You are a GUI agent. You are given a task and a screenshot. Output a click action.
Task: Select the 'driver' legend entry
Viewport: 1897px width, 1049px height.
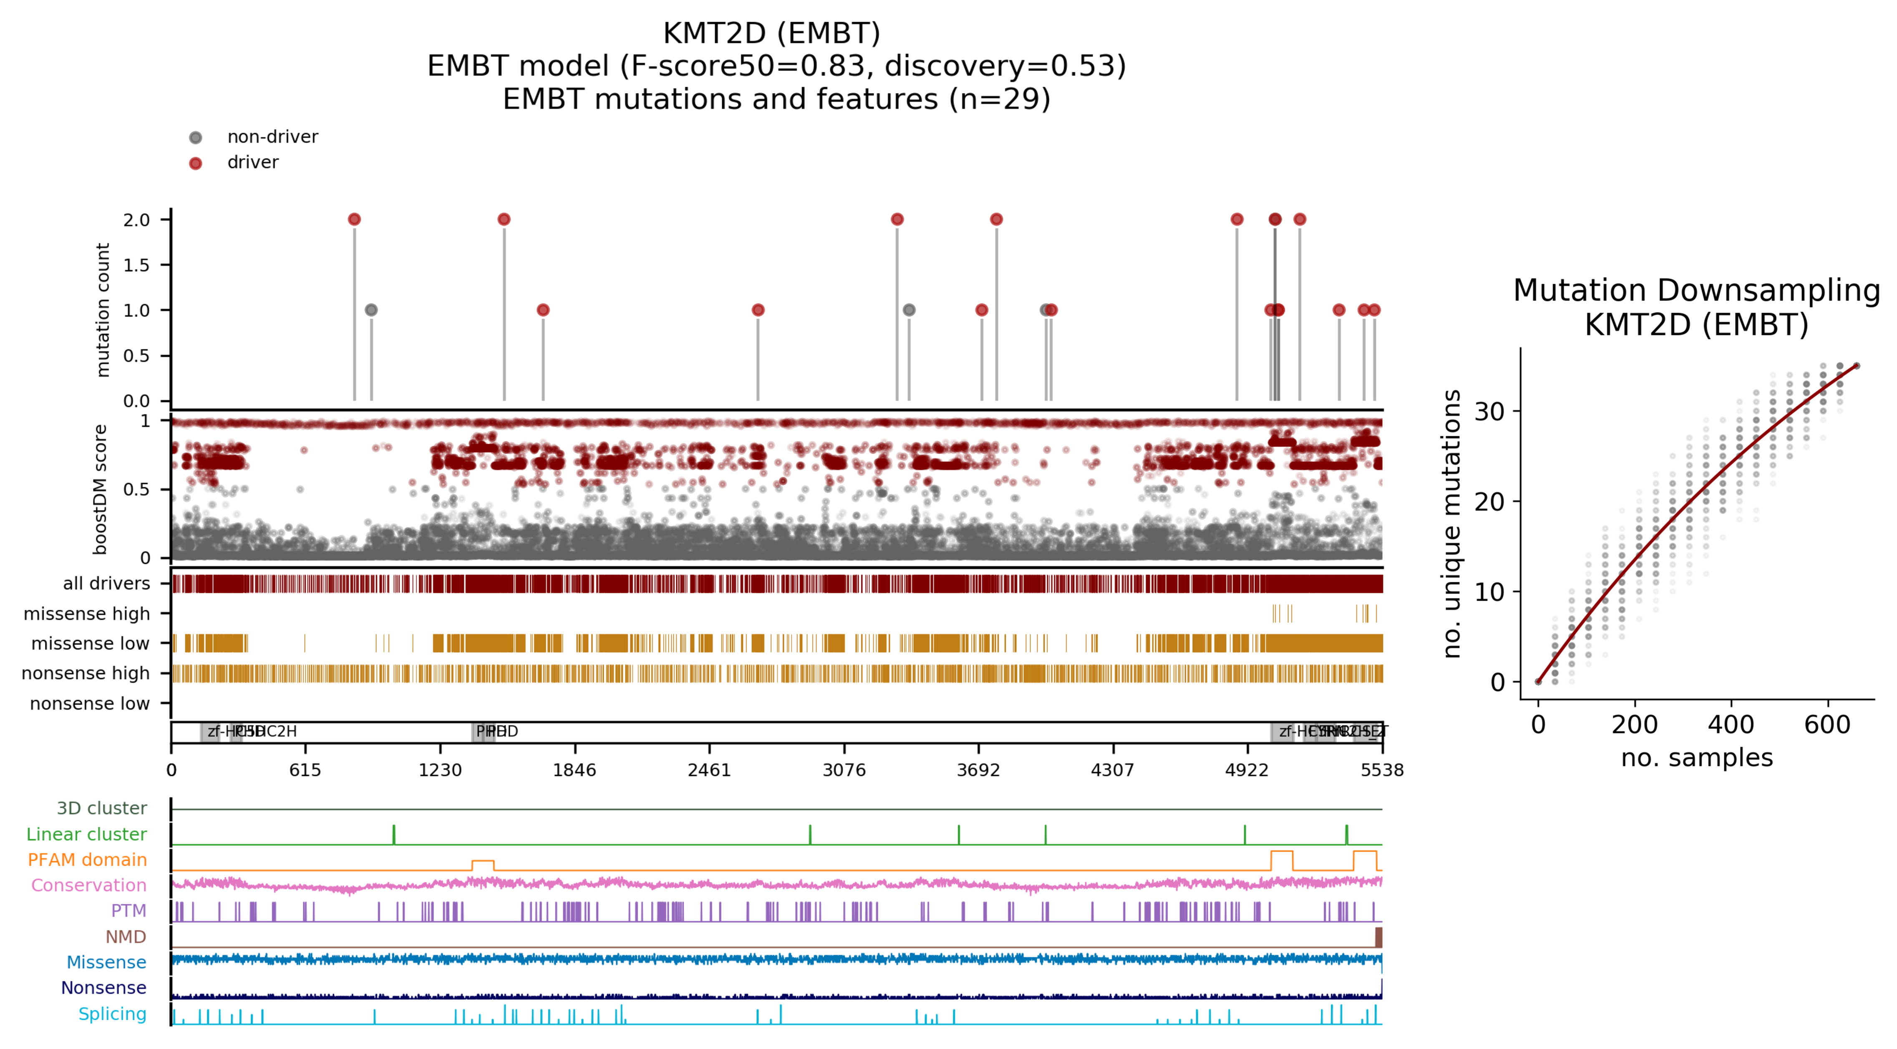pos(252,162)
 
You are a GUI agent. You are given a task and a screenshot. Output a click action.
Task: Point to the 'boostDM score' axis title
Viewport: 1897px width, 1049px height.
pos(100,489)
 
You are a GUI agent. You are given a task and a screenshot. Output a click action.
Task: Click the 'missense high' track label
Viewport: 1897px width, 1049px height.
pos(86,614)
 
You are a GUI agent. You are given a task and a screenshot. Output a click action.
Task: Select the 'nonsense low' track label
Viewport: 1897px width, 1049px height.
pos(89,703)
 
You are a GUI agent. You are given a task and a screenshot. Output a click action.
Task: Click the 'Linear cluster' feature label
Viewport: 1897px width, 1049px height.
pos(86,834)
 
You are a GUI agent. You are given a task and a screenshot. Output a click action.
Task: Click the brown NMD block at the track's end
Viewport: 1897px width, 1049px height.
pos(1378,937)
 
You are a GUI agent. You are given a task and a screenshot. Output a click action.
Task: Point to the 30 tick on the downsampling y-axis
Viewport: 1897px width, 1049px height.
pos(1489,411)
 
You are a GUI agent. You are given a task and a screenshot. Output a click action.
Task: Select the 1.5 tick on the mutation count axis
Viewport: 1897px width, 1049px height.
pos(136,265)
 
